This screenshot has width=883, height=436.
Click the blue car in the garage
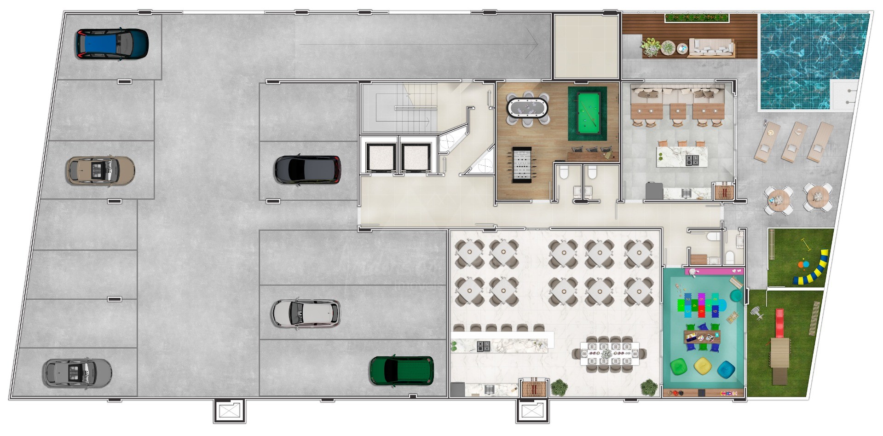pos(112,44)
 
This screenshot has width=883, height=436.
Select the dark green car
pos(401,371)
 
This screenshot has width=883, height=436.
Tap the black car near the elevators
pos(307,169)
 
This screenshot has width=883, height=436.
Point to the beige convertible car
pos(100,170)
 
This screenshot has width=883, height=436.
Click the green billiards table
pos(587,113)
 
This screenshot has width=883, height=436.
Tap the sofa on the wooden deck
pos(710,48)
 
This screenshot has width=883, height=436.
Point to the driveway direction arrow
pos(419,44)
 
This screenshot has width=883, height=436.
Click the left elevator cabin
pos(380,157)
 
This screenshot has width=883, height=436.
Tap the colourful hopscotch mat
pos(698,304)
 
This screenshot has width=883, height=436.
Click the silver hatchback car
pos(306,313)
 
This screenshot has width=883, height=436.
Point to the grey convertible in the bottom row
pos(77,372)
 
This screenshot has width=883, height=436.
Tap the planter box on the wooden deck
pos(697,18)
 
